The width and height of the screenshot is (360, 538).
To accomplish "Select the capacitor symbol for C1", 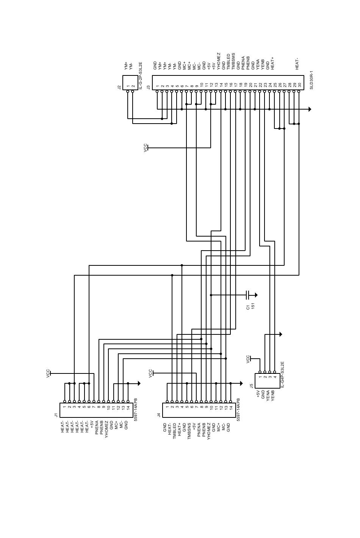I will [247, 295].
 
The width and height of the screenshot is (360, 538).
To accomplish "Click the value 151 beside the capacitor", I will [253, 306].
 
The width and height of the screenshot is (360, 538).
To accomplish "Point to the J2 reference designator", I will [119, 87].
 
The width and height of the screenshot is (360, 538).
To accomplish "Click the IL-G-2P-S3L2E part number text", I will [140, 76].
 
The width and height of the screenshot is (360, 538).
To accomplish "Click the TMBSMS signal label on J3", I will [233, 61].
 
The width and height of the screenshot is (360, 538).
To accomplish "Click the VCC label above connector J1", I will [48, 373].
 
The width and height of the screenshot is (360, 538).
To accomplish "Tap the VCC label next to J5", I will [248, 359].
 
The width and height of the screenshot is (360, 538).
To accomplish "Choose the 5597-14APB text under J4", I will [238, 409].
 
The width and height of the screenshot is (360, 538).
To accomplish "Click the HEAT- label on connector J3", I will [297, 63].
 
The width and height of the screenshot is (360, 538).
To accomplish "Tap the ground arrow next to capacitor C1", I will [256, 295].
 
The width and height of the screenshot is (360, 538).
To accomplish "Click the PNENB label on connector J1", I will [102, 428].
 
